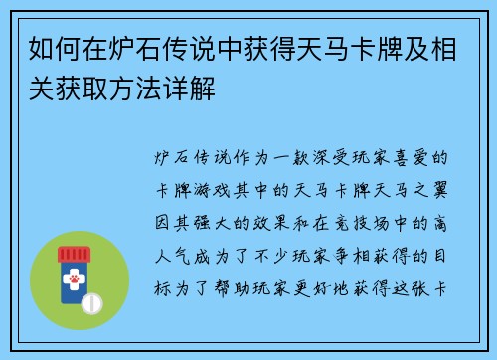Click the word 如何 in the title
click(41, 48)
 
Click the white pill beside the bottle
click(95, 301)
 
